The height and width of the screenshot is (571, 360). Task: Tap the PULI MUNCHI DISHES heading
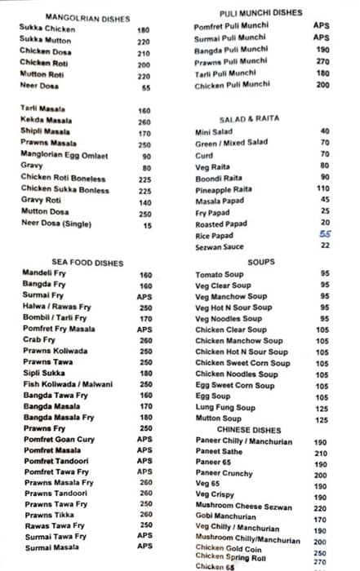point(261,13)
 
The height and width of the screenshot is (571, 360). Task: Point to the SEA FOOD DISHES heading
point(73,263)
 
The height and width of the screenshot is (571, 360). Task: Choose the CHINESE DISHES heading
point(249,429)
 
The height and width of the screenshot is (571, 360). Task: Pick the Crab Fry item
point(39,340)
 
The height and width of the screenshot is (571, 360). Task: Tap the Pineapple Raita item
point(224,188)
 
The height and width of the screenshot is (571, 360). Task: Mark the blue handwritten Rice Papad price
point(325,233)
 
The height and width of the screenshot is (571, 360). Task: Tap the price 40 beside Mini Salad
point(325,131)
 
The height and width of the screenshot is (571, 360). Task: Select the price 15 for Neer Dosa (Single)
point(147,225)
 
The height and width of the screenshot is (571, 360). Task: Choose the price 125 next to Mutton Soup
point(322,419)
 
